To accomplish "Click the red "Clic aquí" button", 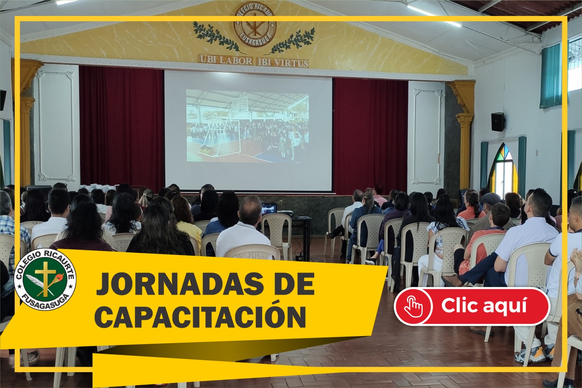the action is (x=472, y=306).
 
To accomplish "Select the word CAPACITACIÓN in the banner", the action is (x=200, y=316).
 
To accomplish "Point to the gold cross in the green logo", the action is (x=46, y=279).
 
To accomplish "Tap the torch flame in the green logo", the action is (x=60, y=276).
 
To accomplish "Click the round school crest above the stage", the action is (x=255, y=25).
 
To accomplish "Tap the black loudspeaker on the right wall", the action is (x=498, y=122).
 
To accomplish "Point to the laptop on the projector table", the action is (x=269, y=208).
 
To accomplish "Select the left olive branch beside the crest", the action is (x=218, y=38).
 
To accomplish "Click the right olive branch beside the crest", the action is (x=291, y=41).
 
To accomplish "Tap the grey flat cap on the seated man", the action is (x=491, y=198).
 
